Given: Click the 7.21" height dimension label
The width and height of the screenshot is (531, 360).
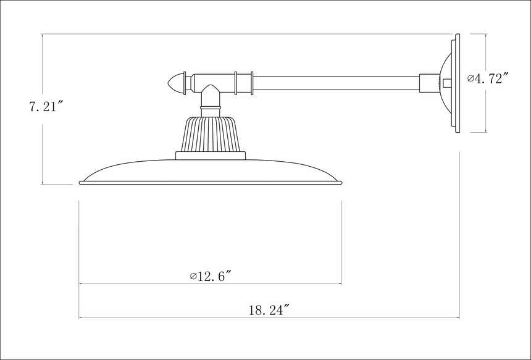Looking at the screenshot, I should [47, 106].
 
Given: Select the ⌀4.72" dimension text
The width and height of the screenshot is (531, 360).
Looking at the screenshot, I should [488, 78].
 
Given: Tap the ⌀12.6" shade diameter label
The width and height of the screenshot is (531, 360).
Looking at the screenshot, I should [211, 275].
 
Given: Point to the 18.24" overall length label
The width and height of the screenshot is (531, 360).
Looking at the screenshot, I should [269, 310].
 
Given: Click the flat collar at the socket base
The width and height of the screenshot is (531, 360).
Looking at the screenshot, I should [211, 156].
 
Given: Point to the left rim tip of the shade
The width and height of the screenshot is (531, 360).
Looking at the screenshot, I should [81, 182].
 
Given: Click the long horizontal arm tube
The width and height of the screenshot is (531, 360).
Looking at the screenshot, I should [337, 83].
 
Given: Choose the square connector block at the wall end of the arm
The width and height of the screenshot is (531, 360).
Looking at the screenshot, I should [429, 83].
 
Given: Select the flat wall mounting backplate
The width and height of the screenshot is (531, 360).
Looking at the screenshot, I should [457, 83].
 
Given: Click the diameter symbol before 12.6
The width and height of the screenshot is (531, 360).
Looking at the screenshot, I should [193, 275].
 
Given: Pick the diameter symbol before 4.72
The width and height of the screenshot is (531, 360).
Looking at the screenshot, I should [470, 78].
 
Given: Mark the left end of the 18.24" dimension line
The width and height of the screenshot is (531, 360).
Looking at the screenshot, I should [79, 318].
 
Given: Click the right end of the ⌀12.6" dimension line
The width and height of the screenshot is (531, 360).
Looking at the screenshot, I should [342, 284].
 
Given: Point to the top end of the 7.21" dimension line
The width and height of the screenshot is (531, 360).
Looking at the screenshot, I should [42, 34].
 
